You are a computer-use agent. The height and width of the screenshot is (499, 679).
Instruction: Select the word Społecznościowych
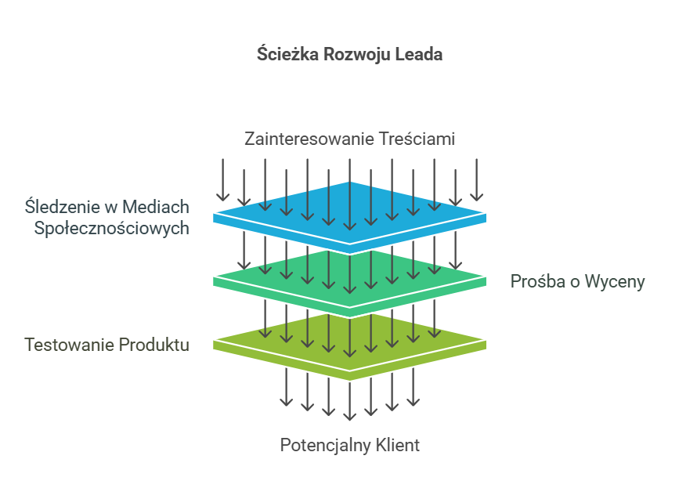pyautogui.click(x=111, y=229)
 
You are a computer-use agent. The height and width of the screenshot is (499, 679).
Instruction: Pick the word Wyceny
pyautogui.click(x=616, y=282)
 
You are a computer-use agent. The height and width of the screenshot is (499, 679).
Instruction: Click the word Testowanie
pyautogui.click(x=70, y=345)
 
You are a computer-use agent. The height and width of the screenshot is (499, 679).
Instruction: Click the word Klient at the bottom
pyautogui.click(x=397, y=446)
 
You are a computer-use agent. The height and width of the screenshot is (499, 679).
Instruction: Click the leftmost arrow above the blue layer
pyautogui.click(x=223, y=179)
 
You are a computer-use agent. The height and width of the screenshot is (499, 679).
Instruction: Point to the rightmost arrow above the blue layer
pyautogui.click(x=476, y=179)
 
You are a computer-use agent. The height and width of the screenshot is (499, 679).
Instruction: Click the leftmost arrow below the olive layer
pyautogui.click(x=287, y=387)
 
